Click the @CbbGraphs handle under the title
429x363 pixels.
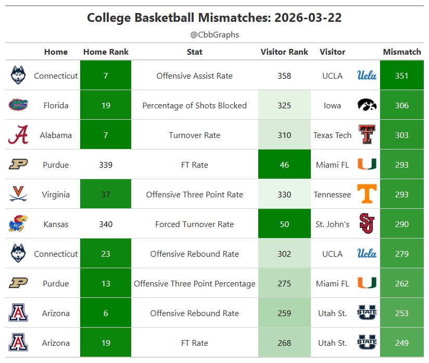tap(215, 35)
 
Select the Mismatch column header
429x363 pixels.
tap(401, 52)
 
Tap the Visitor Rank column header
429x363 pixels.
tap(284, 52)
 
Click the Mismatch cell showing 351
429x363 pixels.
tap(401, 76)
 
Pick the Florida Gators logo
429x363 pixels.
tap(18, 105)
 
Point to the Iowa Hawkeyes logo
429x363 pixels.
tap(367, 105)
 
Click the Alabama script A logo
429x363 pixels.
tap(18, 134)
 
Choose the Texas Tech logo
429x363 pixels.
tap(367, 134)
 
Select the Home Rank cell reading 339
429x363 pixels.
tap(106, 165)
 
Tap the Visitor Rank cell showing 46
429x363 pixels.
tap(284, 164)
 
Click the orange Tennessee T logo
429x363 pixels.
tap(367, 194)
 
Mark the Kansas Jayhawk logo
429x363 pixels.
tap(18, 223)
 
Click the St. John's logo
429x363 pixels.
tap(367, 223)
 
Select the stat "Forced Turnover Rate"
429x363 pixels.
tap(195, 224)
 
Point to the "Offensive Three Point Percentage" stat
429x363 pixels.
tap(195, 284)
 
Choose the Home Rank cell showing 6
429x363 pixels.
tap(106, 312)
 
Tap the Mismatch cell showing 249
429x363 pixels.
tap(401, 343)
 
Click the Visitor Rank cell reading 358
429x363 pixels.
tap(284, 76)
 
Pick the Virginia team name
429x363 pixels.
tap(56, 195)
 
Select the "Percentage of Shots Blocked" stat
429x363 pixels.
tap(195, 106)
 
